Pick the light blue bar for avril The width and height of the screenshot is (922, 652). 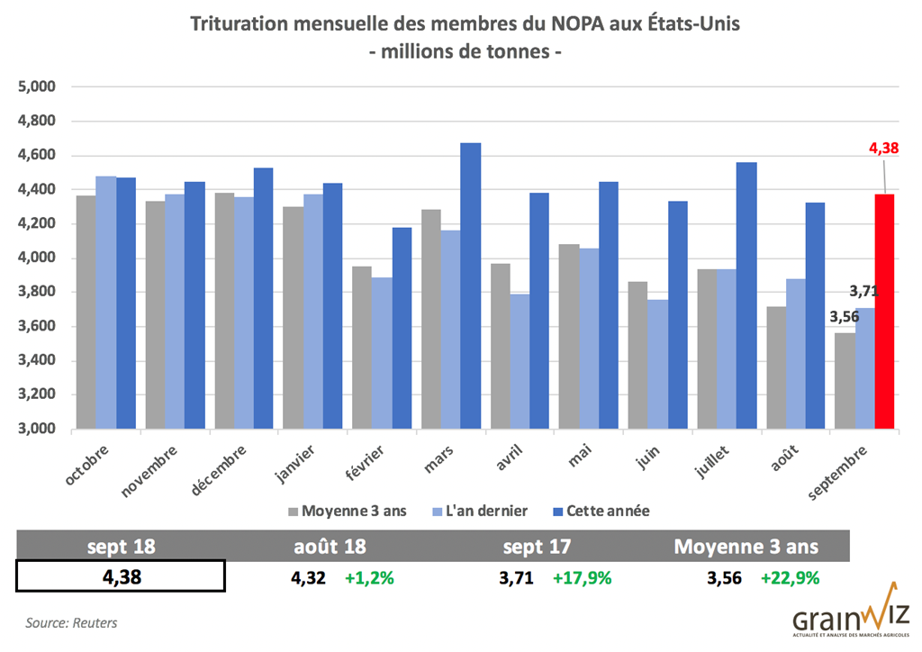pyautogui.click(x=520, y=360)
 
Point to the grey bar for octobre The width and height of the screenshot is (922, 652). pyautogui.click(x=86, y=312)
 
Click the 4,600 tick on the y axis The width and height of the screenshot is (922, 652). pyautogui.click(x=38, y=155)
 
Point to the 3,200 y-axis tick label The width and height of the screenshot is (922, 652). pyautogui.click(x=38, y=394)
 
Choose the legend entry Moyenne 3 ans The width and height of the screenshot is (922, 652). pyautogui.click(x=347, y=511)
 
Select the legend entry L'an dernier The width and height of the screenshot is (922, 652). pyautogui.click(x=482, y=511)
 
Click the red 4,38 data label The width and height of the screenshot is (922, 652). pyautogui.click(x=884, y=149)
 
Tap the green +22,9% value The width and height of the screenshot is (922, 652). pyautogui.click(x=790, y=578)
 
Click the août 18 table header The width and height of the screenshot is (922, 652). pyautogui.click(x=330, y=547)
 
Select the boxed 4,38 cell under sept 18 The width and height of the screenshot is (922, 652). pyautogui.click(x=121, y=576)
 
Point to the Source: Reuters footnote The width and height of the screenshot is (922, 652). pyautogui.click(x=71, y=622)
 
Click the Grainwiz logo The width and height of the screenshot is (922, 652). pyautogui.click(x=850, y=621)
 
